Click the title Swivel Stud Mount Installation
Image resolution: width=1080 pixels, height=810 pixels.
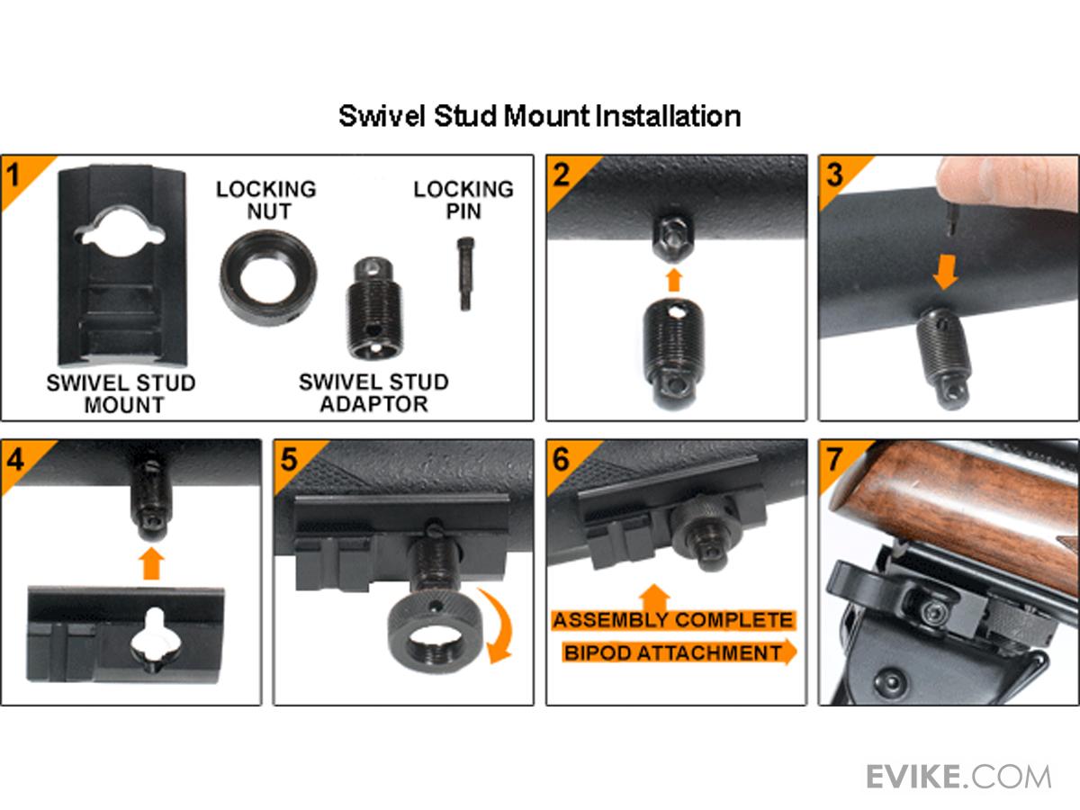pos(540,117)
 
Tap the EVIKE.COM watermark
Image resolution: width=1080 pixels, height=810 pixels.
pos(958,777)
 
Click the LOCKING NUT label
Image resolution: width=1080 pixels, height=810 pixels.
pos(266,200)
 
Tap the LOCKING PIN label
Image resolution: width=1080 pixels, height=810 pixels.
pos(463,200)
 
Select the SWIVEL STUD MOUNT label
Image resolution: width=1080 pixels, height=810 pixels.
pos(121,394)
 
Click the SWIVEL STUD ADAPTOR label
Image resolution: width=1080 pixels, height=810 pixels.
pos(373,393)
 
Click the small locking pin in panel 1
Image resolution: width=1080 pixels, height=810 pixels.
pos(465,274)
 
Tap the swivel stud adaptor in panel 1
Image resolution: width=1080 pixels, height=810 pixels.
pos(373,308)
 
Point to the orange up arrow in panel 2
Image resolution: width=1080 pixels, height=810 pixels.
pos(674,279)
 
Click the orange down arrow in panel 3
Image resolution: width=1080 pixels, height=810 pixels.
pos(946,272)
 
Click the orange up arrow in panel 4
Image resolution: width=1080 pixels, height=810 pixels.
pos(151,563)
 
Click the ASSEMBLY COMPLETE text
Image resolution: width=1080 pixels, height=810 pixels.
pos(672,620)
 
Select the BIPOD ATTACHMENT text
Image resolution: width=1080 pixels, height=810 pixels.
pos(673,653)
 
